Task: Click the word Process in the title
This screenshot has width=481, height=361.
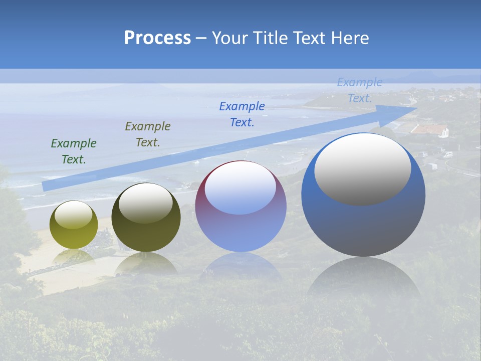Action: pos(157,38)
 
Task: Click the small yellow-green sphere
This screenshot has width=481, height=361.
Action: pos(74,225)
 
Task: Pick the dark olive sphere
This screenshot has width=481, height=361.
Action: pos(146,218)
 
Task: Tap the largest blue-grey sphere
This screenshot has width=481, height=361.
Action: pos(363,196)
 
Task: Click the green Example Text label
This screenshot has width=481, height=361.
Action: pos(74,151)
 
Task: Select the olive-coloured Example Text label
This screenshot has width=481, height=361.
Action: pos(148,134)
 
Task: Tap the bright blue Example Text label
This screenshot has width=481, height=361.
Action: pos(242,114)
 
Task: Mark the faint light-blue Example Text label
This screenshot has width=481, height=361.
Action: pos(360,90)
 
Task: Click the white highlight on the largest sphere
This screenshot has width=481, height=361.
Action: pos(362,168)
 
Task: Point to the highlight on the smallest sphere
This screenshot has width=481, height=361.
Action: pos(73,215)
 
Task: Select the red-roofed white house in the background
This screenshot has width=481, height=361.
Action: pos(429,131)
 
